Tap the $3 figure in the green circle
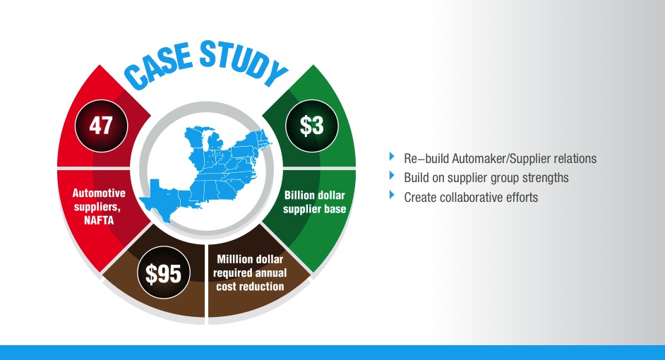[311, 126]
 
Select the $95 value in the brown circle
[163, 273]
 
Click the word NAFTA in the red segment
[100, 219]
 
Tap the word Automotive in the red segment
[100, 192]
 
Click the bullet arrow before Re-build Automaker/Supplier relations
[393, 157]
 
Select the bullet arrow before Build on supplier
[393, 176]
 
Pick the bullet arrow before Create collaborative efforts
[393, 196]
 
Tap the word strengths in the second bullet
[544, 178]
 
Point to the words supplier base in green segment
[314, 209]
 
